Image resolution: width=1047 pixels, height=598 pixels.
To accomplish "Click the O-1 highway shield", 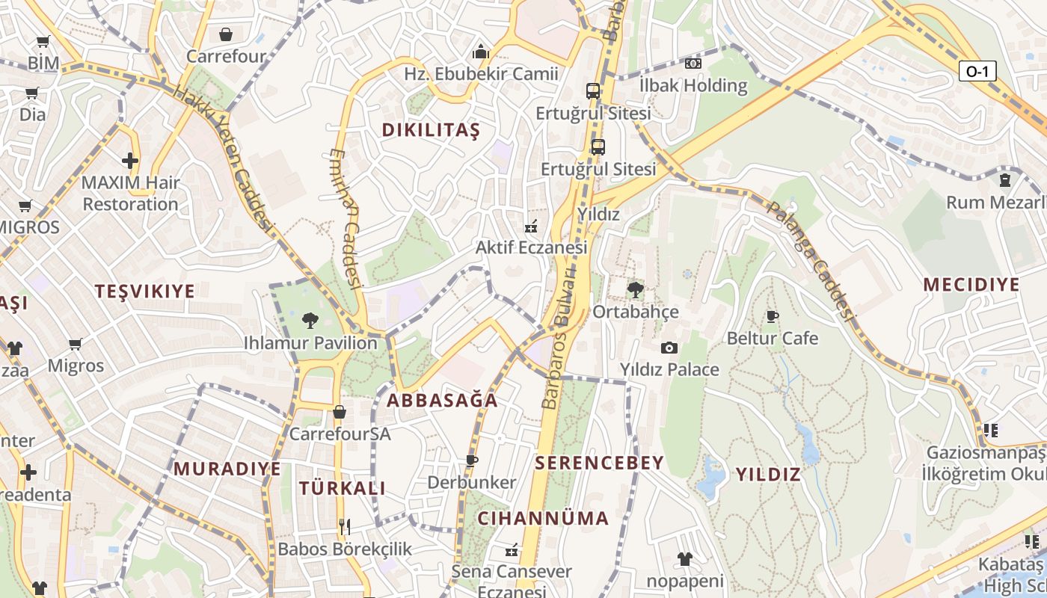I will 977,71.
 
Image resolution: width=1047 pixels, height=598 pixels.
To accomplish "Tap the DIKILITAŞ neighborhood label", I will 431,130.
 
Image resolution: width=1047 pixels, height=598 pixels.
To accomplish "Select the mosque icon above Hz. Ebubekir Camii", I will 481,52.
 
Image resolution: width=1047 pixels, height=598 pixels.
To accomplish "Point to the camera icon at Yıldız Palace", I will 669,348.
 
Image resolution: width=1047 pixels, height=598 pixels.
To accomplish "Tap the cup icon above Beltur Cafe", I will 773,317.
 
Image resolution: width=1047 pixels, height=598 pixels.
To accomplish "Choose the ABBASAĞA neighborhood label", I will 442,400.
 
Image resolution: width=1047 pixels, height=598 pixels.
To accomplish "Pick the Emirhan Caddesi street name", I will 346,217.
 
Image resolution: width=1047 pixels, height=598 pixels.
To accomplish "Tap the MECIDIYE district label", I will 971,285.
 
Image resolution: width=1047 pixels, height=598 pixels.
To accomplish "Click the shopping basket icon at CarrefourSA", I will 340,412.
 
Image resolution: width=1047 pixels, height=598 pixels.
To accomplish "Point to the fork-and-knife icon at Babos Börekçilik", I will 345,527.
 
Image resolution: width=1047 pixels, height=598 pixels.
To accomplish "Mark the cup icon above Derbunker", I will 471,460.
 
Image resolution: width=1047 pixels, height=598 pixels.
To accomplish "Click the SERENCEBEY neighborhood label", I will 600,463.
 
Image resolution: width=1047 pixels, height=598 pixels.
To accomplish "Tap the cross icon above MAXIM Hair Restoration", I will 130,160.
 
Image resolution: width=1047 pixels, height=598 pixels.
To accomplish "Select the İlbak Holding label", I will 693,85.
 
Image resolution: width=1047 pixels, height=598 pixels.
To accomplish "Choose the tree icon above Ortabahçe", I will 636,289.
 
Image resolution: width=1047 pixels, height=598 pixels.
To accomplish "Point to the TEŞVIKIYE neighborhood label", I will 144,292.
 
